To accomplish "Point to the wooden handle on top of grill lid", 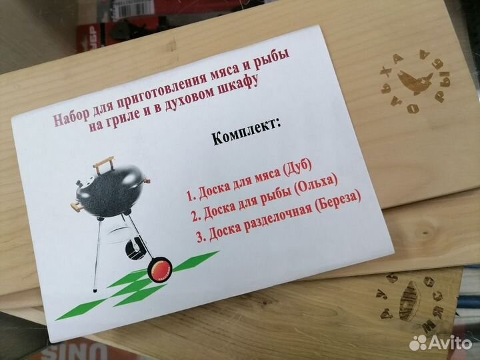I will (103, 161).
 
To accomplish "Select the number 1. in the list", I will (190, 195).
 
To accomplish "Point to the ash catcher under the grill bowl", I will (136, 251).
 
